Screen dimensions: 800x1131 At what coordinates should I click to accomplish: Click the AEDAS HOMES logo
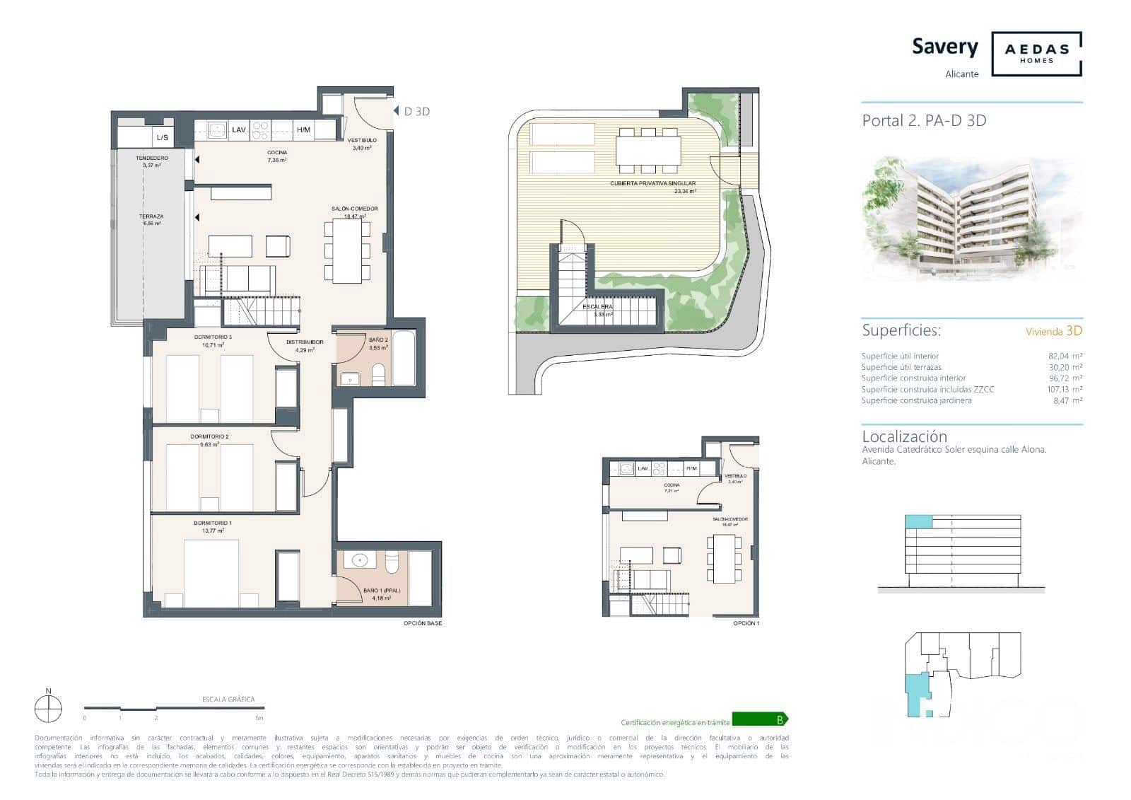coord(1036,53)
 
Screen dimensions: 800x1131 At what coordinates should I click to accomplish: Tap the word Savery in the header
coord(944,47)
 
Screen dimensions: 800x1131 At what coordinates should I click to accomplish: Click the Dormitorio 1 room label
coord(209,523)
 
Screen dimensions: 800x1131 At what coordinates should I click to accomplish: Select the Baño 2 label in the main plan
coord(378,340)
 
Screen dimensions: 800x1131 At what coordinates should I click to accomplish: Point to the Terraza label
coord(151,216)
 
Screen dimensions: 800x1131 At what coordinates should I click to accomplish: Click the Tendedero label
coord(152,158)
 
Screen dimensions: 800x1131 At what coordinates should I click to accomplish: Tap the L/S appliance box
coord(163,137)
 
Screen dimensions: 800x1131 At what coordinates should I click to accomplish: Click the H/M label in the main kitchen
coord(303,130)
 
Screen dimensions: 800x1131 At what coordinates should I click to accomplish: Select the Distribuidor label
coord(305,342)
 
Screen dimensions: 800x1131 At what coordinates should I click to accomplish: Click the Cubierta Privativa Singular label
coord(653,183)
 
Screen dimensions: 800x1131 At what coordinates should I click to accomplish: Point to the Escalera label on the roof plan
coord(598,307)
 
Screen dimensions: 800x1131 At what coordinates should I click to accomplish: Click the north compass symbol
coord(48,707)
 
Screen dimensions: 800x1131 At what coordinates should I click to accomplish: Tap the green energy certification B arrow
coord(759,720)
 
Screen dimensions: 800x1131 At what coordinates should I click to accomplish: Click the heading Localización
coord(904,436)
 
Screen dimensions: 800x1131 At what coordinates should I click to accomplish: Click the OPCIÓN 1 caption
coord(746,623)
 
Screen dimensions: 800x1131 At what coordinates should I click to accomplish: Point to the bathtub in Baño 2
coord(404,358)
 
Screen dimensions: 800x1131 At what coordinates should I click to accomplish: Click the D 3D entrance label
coord(416,112)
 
